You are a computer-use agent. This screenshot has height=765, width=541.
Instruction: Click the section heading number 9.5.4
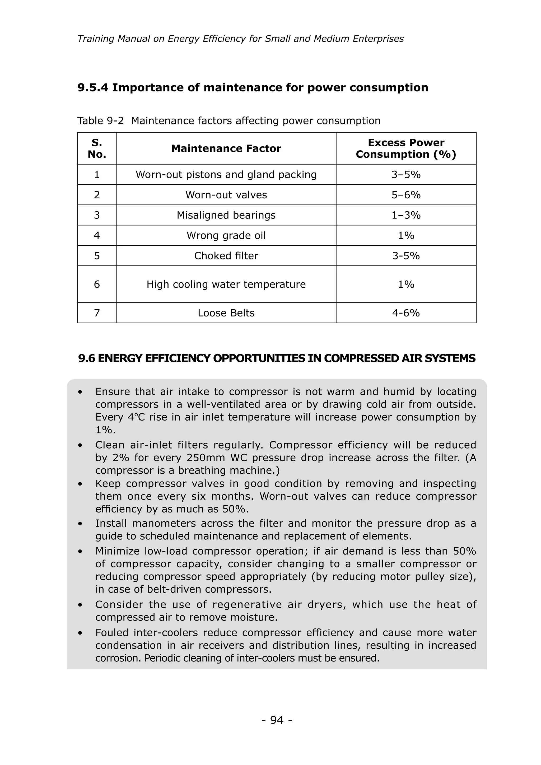(93, 88)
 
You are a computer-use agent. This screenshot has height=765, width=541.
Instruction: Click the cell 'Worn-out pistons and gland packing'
(226, 175)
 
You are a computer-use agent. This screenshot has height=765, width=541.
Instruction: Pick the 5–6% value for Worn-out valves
(406, 195)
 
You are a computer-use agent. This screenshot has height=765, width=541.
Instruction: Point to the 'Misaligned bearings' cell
(226, 215)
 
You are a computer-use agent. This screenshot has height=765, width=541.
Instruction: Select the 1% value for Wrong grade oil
(406, 236)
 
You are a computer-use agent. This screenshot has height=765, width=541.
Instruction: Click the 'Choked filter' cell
(226, 256)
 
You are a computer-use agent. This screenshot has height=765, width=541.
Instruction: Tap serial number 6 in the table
(97, 284)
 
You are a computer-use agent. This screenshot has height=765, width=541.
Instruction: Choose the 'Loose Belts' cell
(226, 313)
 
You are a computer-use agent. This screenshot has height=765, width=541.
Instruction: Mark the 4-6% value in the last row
(406, 313)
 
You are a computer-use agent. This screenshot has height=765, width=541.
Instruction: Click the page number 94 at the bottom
(277, 720)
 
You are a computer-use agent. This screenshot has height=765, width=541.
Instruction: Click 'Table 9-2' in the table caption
(100, 121)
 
